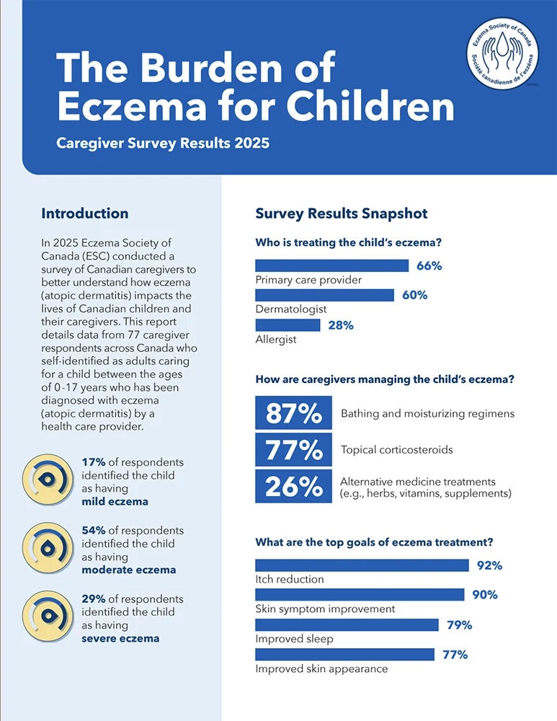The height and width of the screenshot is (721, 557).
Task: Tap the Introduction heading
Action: coord(85,213)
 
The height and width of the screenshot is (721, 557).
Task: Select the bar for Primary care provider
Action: coord(332,265)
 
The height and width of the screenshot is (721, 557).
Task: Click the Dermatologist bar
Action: coord(325,295)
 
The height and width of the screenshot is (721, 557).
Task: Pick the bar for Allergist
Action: coord(288,325)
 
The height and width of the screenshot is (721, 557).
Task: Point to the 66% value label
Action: coord(429,265)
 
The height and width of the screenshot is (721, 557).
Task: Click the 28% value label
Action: coord(341,325)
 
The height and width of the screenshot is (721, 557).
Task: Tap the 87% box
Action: coord(293,413)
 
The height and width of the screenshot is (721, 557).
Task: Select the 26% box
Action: coord(293,487)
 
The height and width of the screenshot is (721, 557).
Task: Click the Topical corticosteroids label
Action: coord(396,450)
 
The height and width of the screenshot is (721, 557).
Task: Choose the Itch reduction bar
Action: coord(362,565)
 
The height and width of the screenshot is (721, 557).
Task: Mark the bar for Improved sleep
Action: coord(347,624)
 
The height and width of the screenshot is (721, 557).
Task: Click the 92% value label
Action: coord(490,565)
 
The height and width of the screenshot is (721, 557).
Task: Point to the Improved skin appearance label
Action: coord(321,668)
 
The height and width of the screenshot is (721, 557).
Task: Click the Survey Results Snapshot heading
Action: coord(342,213)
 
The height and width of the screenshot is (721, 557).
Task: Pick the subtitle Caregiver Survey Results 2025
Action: coord(163,143)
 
